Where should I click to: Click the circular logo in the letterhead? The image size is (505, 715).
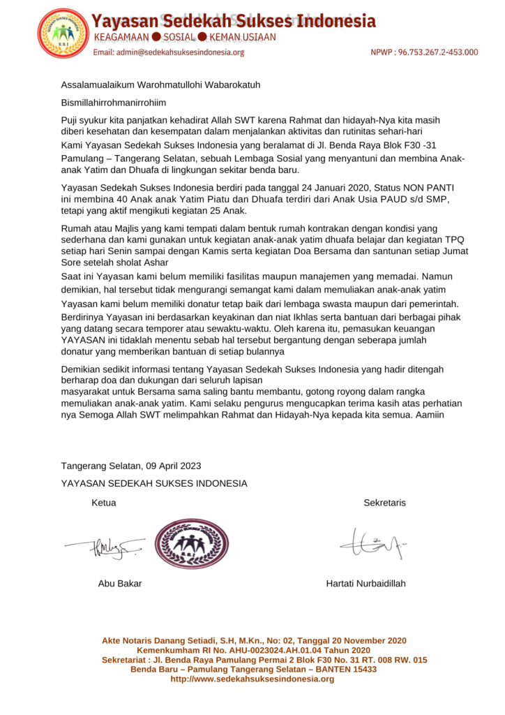pos(63,34)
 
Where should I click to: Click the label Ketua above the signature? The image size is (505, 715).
pos(104,503)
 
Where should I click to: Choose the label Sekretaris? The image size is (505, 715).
pos(384,503)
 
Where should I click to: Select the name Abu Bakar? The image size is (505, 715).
pos(120,584)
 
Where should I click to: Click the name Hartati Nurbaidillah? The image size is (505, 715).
pos(365,584)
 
